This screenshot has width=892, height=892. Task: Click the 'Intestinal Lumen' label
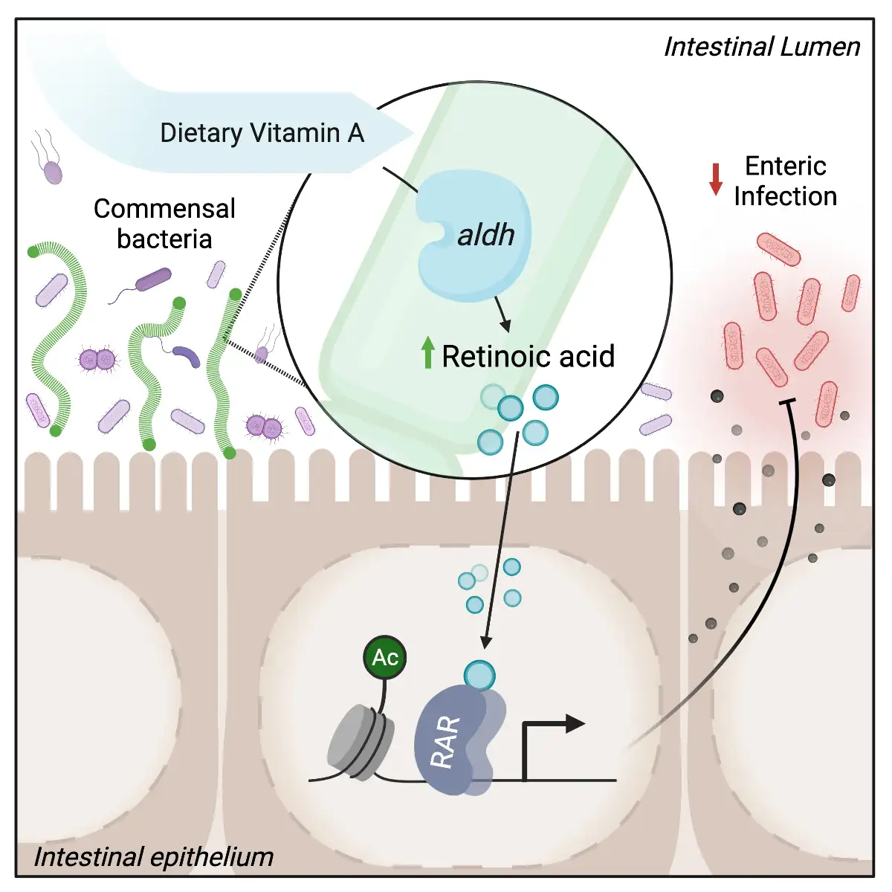(761, 47)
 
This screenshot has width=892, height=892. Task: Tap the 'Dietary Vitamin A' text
(262, 133)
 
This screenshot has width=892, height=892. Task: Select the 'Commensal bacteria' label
(164, 224)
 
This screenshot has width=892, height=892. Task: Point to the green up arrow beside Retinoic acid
(427, 353)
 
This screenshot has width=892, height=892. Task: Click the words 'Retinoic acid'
(528, 357)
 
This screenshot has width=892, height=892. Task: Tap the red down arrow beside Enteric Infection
(716, 179)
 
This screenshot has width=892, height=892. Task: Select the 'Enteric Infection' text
(785, 181)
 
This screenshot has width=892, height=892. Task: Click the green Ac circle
(385, 658)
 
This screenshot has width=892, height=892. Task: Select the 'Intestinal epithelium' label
(154, 857)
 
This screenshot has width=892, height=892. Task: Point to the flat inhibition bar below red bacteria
(786, 402)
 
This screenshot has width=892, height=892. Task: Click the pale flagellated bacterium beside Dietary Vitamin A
(52, 172)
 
